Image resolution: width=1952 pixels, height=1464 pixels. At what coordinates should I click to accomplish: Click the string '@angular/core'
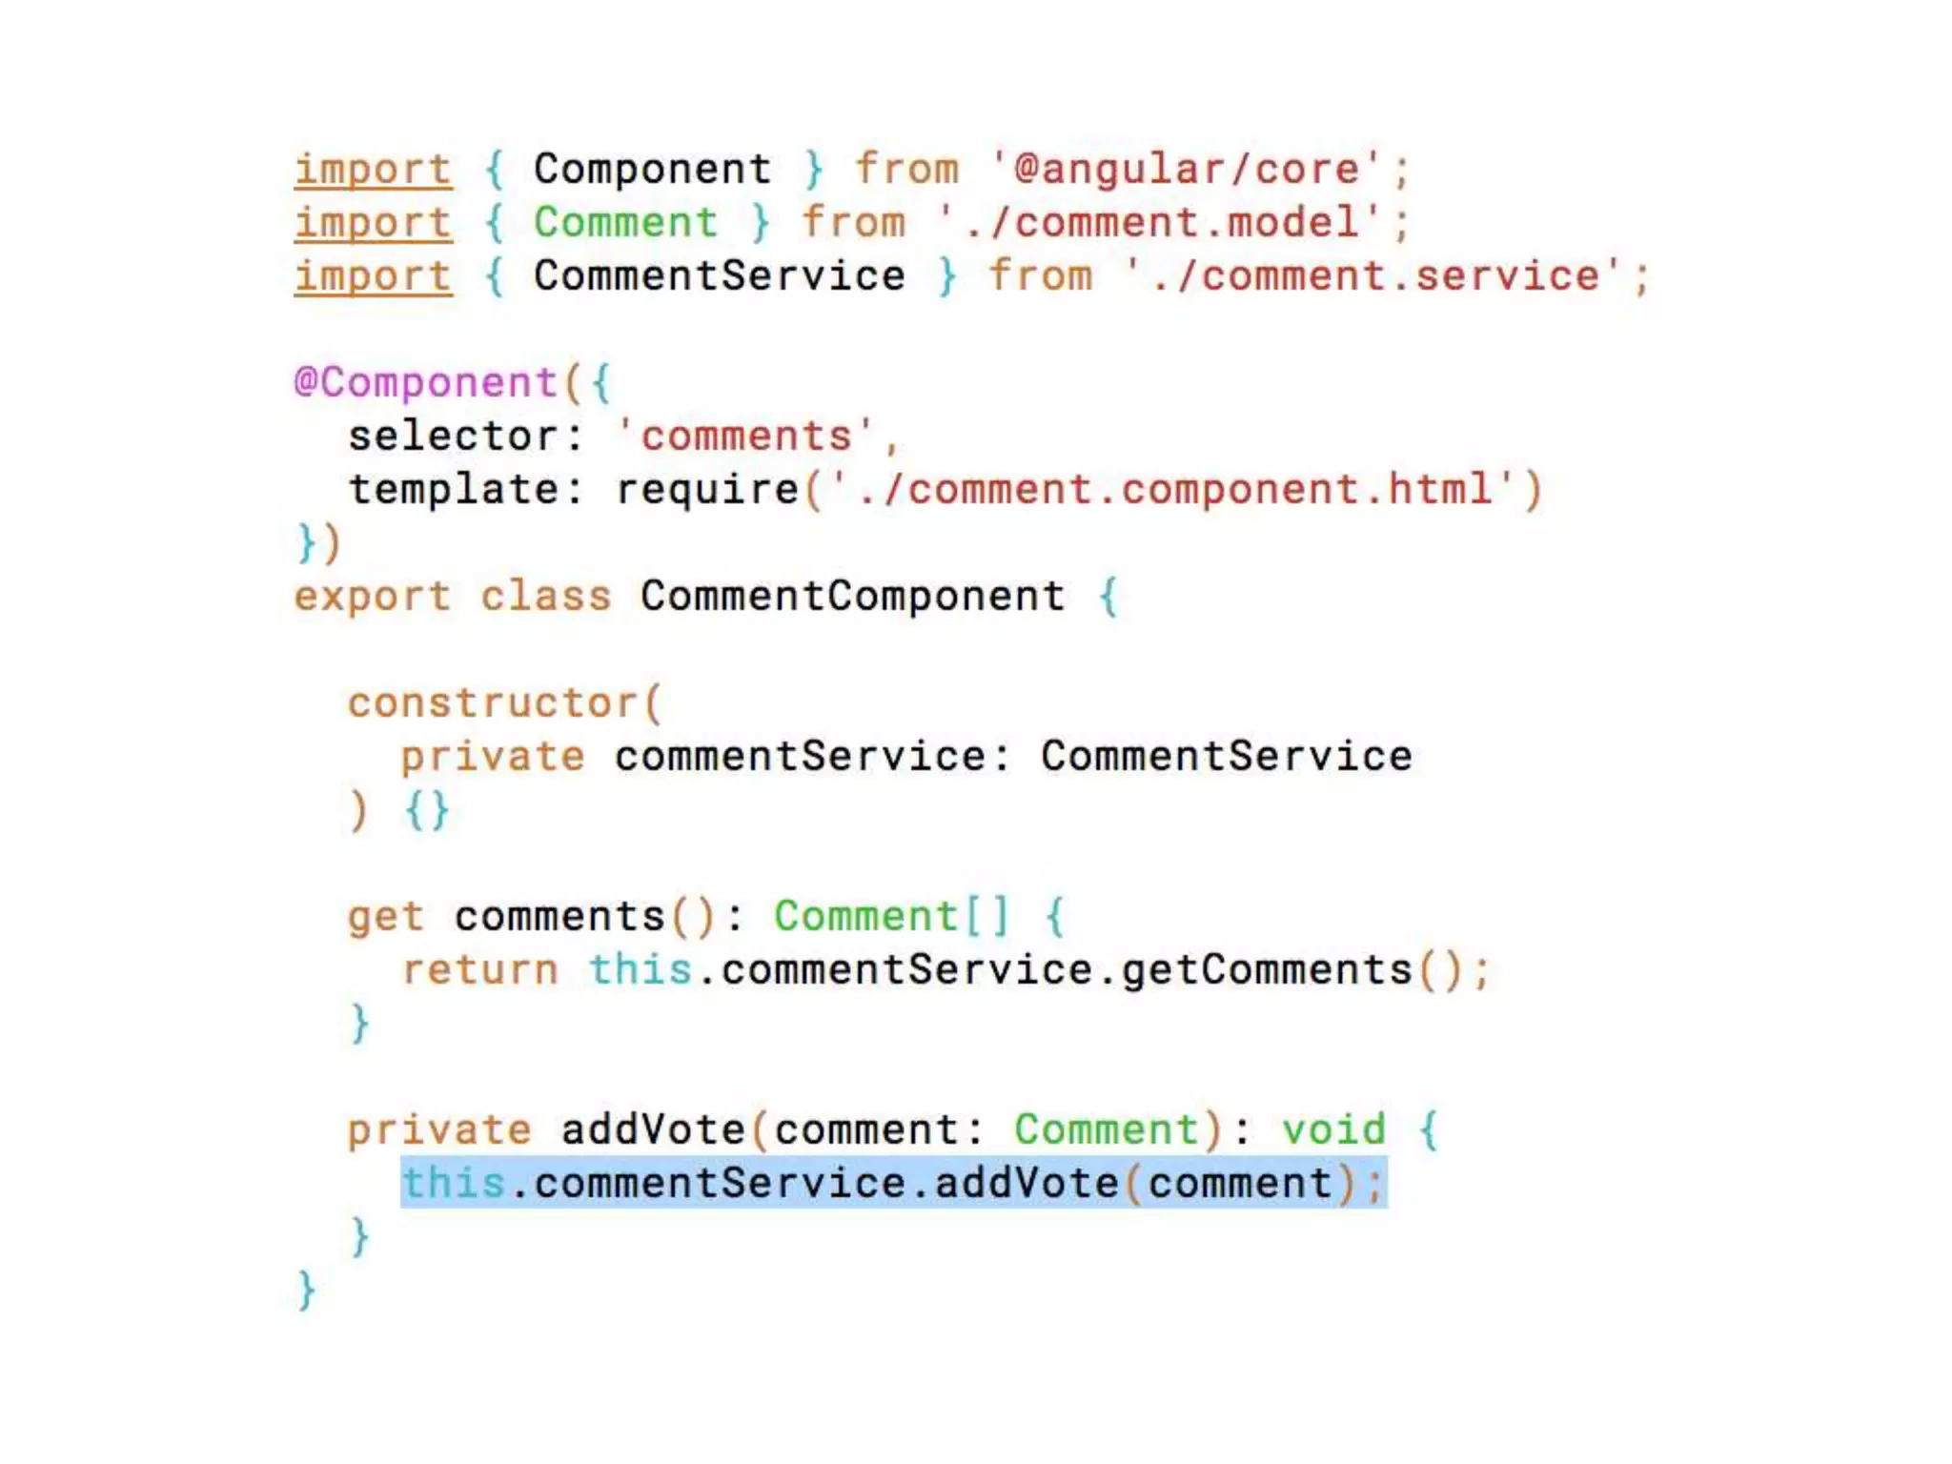[x=1186, y=170]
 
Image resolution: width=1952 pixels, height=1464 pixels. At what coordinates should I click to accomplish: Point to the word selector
[x=453, y=437]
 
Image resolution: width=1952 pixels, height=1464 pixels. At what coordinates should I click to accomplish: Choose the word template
[x=453, y=490]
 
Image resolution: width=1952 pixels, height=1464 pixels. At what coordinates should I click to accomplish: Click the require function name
[x=706, y=490]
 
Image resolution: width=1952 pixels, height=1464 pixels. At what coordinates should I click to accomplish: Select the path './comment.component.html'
[x=1173, y=490]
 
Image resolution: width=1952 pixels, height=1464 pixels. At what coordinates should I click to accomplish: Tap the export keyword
[x=372, y=597]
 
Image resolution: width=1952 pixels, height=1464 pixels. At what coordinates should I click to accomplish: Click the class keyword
[x=545, y=597]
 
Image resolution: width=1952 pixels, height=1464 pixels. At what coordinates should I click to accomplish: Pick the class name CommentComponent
[x=852, y=597]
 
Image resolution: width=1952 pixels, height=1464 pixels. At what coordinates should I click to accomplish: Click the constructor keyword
[x=492, y=703]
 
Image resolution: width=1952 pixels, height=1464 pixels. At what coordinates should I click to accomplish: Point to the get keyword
[x=385, y=917]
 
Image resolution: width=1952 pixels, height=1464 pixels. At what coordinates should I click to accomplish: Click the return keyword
[x=479, y=970]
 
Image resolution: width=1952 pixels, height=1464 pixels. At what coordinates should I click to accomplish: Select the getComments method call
[x=1267, y=970]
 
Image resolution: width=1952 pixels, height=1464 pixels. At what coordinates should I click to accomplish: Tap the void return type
[x=1333, y=1130]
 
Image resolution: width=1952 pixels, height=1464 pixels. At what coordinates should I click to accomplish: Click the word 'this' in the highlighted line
[x=453, y=1184]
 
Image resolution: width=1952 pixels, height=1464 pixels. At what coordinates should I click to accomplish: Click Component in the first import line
[x=652, y=170]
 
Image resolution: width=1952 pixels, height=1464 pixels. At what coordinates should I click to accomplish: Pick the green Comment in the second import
[x=625, y=223]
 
